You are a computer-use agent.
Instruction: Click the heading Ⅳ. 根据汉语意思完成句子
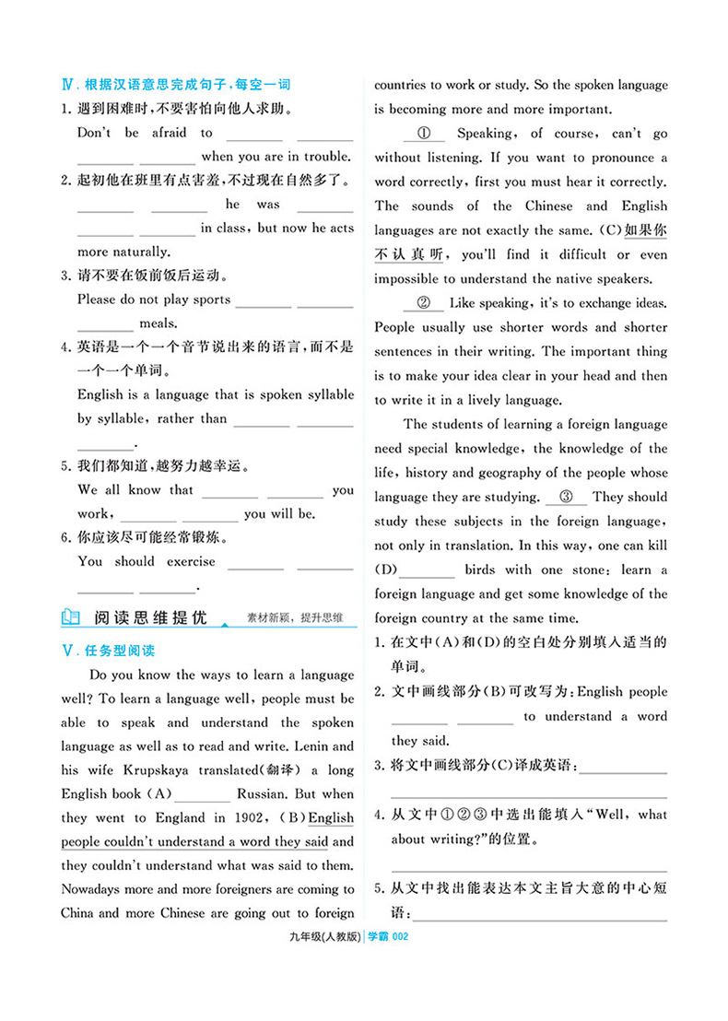[175, 85]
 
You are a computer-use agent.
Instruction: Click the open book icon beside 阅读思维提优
[71, 616]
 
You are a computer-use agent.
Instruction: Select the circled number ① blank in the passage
[424, 134]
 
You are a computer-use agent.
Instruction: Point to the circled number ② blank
[424, 303]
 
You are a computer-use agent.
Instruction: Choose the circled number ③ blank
[566, 497]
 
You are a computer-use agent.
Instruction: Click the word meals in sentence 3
[158, 323]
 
